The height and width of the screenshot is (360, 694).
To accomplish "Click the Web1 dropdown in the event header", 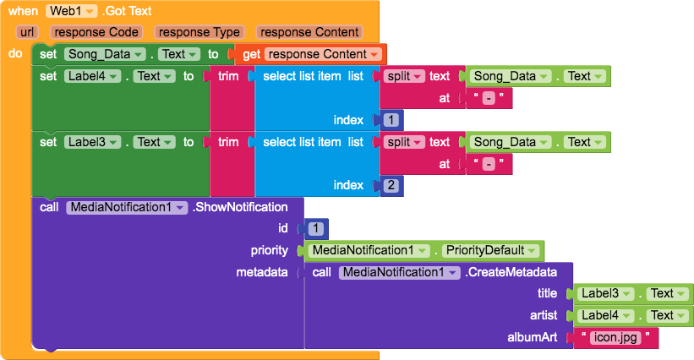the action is pos(71,11).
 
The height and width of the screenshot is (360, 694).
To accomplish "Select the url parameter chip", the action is pos(27,32).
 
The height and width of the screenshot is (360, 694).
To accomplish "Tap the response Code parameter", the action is pos(96,32).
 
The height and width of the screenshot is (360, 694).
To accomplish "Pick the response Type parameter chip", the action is pos(199,32).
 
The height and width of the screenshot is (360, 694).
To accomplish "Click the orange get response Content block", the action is pos(311,54).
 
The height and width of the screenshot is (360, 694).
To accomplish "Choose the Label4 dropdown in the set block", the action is pos(92,76).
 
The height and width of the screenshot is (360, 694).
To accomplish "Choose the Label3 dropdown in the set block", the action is pos(92,142).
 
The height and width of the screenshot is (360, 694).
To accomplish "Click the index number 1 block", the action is pos(391,120).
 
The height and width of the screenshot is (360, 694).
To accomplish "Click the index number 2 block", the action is pos(391,185).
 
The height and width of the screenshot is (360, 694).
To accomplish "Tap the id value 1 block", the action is pos(315,229).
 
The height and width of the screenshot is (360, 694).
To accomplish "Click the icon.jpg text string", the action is pos(615,338).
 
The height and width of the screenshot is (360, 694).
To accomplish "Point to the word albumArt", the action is pos(532,337).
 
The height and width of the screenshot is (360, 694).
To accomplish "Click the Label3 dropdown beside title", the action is pos(605,293).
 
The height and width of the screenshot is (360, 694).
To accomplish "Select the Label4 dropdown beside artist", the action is pos(605,315).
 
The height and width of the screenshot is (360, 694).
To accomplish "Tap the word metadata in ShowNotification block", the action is pos(262,272).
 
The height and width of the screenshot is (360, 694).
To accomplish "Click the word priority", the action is pos(270,250).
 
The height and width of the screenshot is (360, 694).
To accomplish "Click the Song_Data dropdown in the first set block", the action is pos(105,54).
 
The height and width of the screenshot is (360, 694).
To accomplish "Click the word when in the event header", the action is pos(23,11).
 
